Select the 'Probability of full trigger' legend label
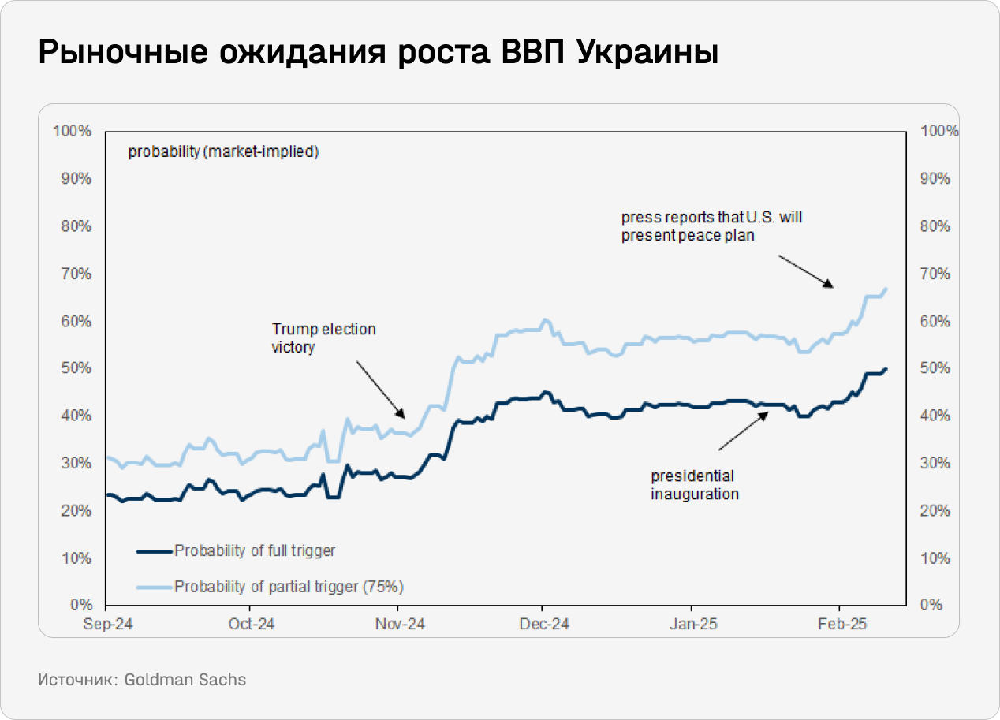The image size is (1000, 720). tap(255, 550)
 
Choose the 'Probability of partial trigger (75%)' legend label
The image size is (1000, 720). tap(289, 587)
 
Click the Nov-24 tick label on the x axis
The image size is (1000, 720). tap(400, 624)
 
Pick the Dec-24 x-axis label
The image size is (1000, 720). tap(544, 624)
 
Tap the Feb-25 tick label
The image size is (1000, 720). tap(841, 624)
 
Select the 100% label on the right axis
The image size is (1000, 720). tap(940, 131)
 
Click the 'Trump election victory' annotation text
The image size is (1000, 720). tap(323, 338)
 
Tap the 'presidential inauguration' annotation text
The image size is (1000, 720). tap(694, 485)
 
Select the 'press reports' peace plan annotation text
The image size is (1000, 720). tap(711, 226)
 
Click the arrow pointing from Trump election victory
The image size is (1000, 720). tap(380, 390)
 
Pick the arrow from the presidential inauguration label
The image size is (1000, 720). tap(741, 431)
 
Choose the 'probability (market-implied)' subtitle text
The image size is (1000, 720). tap(223, 151)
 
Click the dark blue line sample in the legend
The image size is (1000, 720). tap(154, 551)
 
